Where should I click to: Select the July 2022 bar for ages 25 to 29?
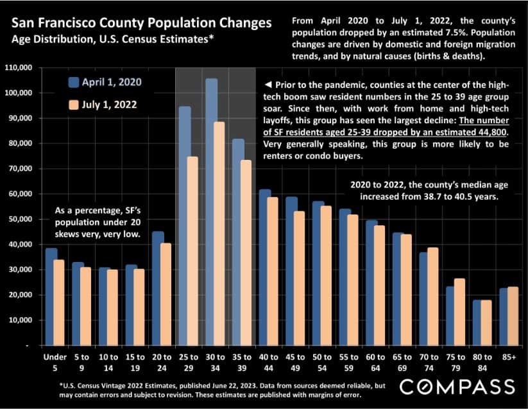point(192,251)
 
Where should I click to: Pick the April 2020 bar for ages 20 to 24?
point(158,288)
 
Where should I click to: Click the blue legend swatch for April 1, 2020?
point(73,82)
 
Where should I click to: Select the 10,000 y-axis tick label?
point(21,320)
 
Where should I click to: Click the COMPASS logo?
point(457,386)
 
